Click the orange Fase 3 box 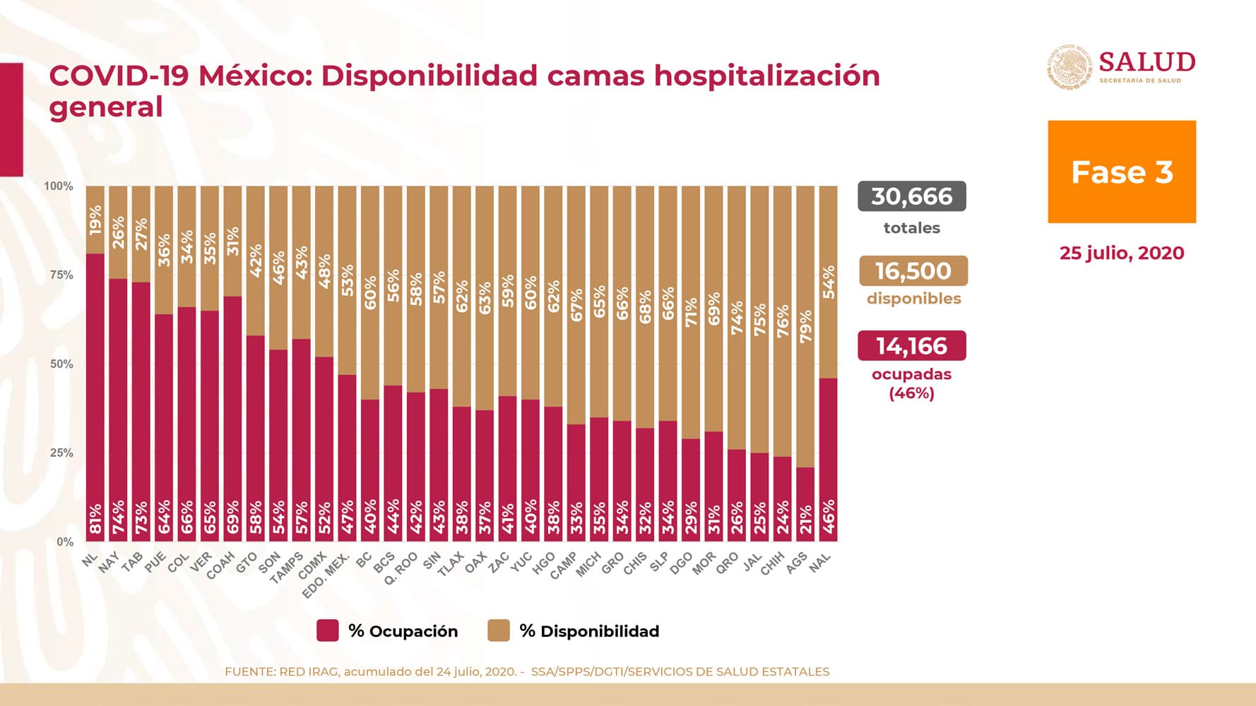pos(1121,172)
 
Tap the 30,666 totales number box pos(911,196)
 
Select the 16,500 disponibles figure pos(913,271)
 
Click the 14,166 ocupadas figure pos(911,346)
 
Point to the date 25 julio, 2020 pos(1121,253)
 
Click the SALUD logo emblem pos(1070,68)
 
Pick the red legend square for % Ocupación pos(328,630)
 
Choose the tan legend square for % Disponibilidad pos(499,630)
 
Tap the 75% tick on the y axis pos(61,275)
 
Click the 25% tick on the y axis pos(61,453)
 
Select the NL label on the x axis pos(90,561)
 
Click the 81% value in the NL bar pos(95,519)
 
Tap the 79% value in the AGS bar pos(805,327)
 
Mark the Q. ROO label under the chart pos(401,568)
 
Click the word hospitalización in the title pos(766,76)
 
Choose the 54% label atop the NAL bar pos(829,282)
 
